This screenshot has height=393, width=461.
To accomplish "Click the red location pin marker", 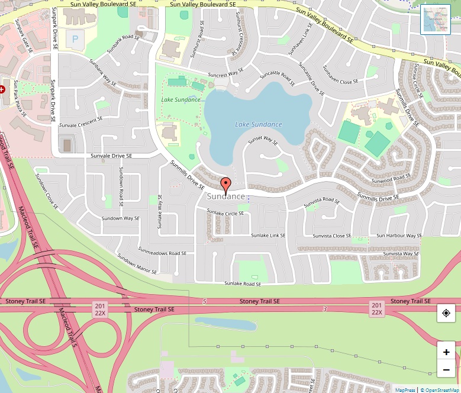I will (x=225, y=183).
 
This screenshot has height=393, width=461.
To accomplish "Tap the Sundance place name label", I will (x=226, y=196).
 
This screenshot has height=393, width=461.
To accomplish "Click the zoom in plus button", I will (x=446, y=352).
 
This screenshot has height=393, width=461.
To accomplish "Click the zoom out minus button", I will (x=446, y=371).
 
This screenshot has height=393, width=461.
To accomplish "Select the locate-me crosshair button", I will (x=446, y=313).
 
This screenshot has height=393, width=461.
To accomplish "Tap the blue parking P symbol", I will (x=75, y=39).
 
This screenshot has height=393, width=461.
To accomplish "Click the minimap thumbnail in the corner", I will (x=436, y=20).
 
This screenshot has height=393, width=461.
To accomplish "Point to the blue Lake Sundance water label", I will (x=259, y=124).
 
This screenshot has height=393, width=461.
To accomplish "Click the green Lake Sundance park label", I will (x=181, y=99).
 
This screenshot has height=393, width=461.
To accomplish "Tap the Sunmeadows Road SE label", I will (x=158, y=253).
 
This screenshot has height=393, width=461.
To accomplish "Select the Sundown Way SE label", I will (x=120, y=218).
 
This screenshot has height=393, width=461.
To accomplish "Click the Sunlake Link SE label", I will (x=268, y=236).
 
